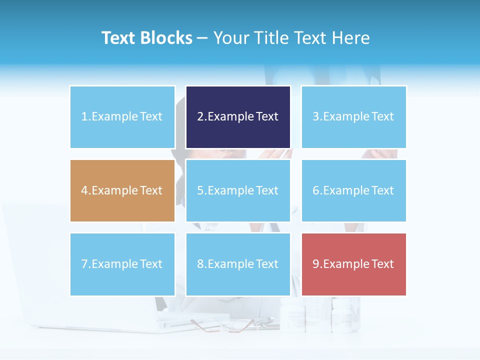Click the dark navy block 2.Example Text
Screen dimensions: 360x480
coord(238,117)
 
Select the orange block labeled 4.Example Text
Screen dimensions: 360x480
coord(122,190)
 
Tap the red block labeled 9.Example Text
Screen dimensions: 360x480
coord(353,264)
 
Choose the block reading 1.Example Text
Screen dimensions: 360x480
coord(122,117)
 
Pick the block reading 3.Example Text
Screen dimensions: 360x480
coord(353,117)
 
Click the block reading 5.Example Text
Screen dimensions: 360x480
coord(238,190)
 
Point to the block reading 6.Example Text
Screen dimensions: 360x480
coord(353,190)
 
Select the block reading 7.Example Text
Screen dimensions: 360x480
coord(122,264)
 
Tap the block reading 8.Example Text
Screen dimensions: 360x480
coord(238,264)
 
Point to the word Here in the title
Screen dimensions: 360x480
coord(352,38)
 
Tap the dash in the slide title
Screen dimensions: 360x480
coord(202,38)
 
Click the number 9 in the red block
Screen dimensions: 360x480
coord(316,264)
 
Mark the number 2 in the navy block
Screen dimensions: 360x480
coord(200,117)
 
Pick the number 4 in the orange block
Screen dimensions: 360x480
coord(84,190)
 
